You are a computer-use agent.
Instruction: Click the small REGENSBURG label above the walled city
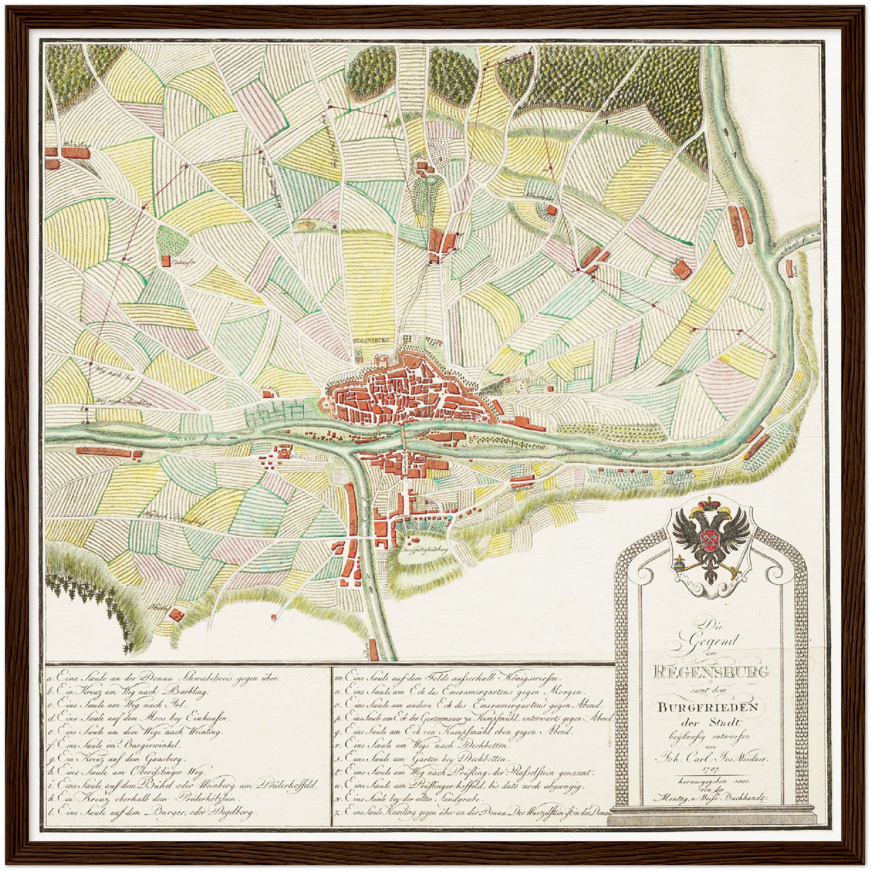point(370,340)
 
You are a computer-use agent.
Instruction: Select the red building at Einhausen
point(165,260)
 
